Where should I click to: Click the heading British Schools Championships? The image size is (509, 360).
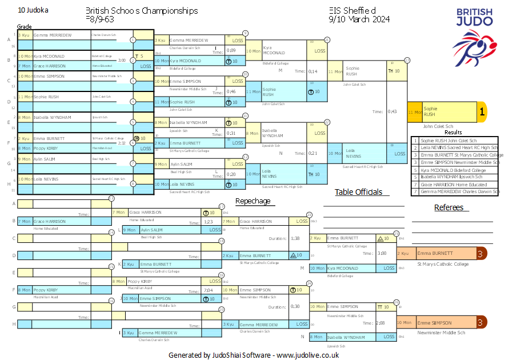pos(142,11)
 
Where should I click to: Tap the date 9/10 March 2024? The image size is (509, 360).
pos(359,19)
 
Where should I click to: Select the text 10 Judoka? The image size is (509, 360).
pos(33,10)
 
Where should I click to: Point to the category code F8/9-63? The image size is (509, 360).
pos(100,19)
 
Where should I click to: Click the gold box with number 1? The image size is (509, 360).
pos(482,112)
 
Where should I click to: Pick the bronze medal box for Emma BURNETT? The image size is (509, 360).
pos(482,253)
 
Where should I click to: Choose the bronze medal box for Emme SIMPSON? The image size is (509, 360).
pos(482,323)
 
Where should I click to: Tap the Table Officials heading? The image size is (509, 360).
pos(358,192)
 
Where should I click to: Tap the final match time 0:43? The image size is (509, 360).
pos(392,111)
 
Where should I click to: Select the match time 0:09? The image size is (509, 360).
pos(231,50)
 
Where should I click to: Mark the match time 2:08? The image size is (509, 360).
pos(380,323)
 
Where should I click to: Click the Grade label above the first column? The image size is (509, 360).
pos(25,27)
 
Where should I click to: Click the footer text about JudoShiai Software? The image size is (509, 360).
pos(254,355)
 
